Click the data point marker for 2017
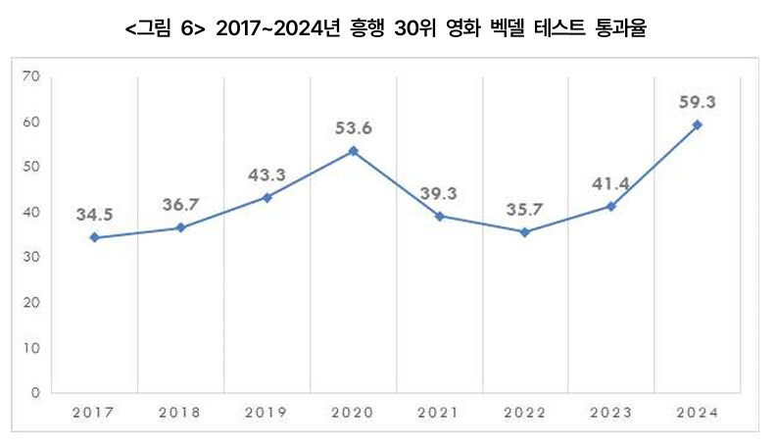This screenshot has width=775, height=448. click(95, 237)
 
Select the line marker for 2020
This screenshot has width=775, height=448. click(353, 151)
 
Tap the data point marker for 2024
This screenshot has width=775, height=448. click(697, 124)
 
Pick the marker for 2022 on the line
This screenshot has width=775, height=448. click(524, 232)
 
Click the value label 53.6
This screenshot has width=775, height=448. click(353, 128)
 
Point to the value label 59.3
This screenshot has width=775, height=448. click(697, 101)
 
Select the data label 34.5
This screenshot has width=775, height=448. click(95, 214)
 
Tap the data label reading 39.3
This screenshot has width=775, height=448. click(439, 192)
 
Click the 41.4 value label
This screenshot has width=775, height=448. click(610, 183)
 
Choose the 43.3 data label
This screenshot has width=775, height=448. click(266, 174)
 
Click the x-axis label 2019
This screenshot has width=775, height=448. click(266, 413)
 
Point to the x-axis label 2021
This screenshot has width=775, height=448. click(439, 413)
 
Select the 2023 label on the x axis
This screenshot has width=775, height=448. click(610, 413)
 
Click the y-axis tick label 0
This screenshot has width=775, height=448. click(34, 393)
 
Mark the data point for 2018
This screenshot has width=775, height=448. click(181, 227)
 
